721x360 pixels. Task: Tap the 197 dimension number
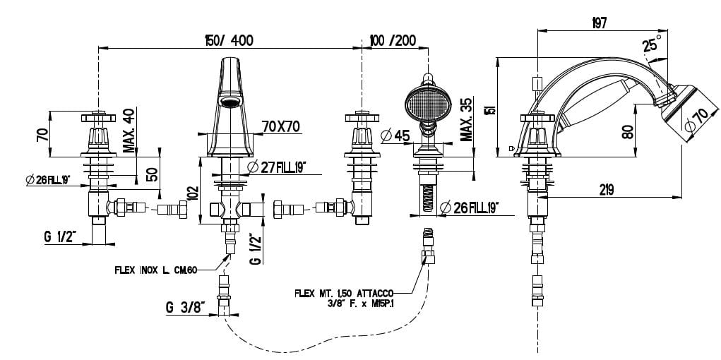[600, 23]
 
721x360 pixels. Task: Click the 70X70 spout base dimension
[280, 126]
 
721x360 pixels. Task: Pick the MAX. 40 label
[129, 131]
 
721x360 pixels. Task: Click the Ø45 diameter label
[396, 136]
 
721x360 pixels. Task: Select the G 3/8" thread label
[185, 307]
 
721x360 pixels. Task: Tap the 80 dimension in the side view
[628, 131]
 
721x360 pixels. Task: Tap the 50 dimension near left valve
[150, 174]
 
